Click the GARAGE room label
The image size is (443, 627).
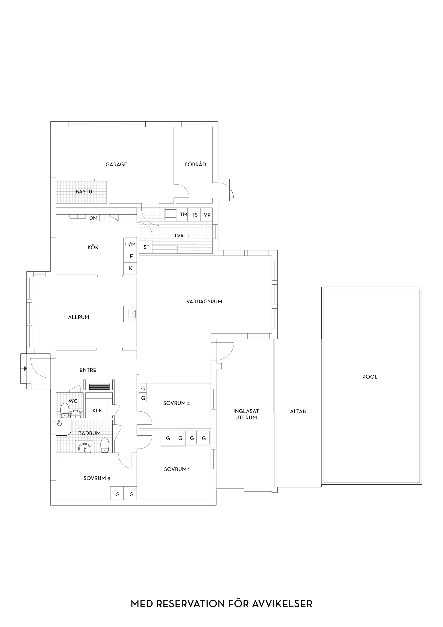point(116,164)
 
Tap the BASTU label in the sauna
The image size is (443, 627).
point(84,192)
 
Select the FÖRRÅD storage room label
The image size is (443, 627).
point(195,164)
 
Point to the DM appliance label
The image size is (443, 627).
point(93,218)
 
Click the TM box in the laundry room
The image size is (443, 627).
point(183,214)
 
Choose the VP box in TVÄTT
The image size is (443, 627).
point(207,214)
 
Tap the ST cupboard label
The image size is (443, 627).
point(146,247)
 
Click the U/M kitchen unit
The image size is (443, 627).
point(130,244)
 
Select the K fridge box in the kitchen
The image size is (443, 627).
point(130,268)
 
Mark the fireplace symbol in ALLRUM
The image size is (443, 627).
point(130,314)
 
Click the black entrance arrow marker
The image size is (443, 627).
point(25,369)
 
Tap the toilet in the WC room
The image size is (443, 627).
point(65,410)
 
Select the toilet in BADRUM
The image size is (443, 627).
point(105,445)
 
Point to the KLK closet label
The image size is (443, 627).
point(97,410)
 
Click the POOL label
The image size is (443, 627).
point(370,377)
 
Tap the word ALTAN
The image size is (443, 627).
point(298,411)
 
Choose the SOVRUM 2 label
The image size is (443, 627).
point(176,403)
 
